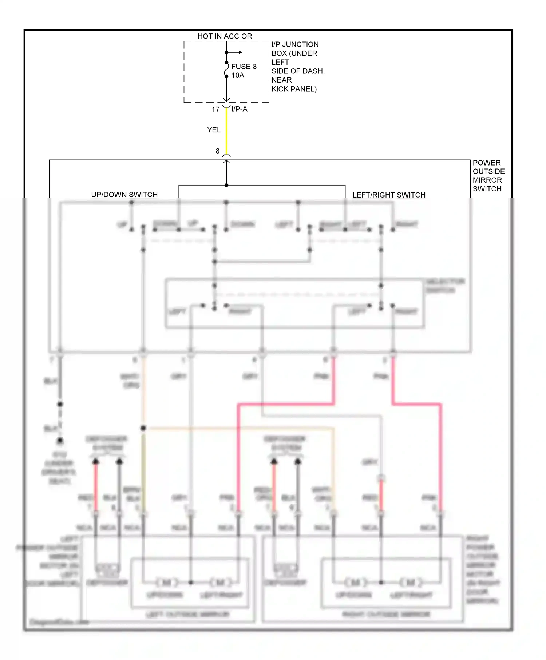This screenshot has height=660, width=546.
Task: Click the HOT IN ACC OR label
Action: [225, 36]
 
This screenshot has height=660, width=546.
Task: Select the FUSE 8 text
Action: [244, 67]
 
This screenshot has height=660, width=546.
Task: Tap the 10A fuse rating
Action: [238, 76]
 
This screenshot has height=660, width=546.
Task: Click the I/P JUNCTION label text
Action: [295, 44]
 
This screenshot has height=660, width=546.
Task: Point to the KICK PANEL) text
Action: [294, 89]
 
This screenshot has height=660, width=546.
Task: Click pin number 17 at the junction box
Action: [215, 109]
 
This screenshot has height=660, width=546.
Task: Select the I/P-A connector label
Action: [239, 109]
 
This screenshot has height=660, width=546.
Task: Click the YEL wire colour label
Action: [214, 130]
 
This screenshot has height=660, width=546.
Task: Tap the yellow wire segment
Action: [226, 131]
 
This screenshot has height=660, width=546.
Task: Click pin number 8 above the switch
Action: [218, 151]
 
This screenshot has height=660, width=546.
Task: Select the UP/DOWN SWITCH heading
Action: [124, 195]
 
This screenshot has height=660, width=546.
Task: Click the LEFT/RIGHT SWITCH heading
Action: [389, 195]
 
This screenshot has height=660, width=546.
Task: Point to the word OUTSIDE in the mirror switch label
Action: [488, 171]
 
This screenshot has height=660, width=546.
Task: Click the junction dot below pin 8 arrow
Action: [226, 185]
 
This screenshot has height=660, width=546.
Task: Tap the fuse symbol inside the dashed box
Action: [226, 69]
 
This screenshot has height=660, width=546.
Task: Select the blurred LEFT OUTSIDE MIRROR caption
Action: [187, 615]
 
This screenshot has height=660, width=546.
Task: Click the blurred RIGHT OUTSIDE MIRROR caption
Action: [386, 614]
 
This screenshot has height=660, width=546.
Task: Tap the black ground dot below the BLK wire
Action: [60, 441]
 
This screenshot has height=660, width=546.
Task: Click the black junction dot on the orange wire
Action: [143, 428]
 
